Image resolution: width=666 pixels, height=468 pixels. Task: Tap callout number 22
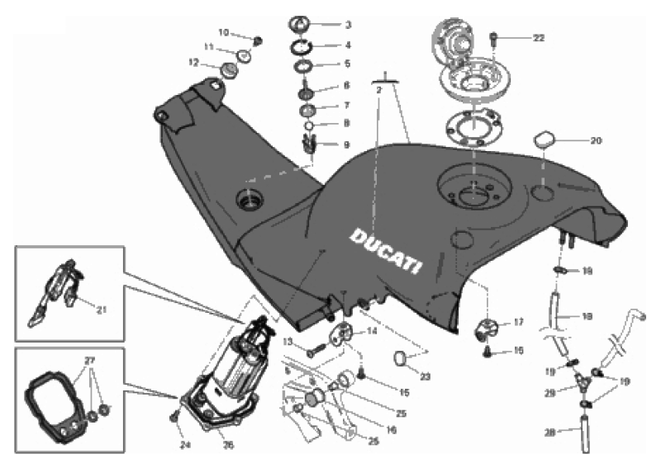click(539, 38)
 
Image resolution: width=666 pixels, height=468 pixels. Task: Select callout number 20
click(596, 140)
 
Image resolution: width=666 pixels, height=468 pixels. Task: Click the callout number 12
click(193, 63)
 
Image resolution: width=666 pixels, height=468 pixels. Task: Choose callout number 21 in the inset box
click(102, 310)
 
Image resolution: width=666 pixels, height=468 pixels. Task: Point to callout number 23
click(426, 376)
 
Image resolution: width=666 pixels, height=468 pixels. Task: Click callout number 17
click(519, 323)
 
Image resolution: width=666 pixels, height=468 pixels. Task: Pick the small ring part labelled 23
click(400, 359)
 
